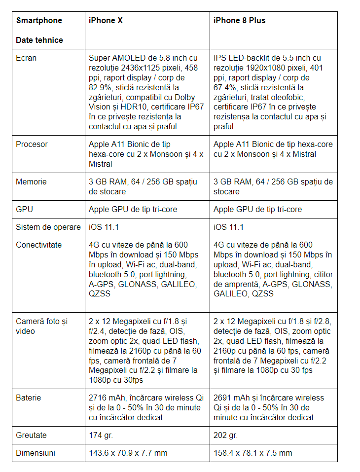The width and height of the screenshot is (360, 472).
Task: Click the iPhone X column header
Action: tap(106, 21)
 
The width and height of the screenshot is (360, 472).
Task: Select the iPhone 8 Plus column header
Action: tap(239, 21)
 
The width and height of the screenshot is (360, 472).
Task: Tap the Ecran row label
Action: tap(26, 58)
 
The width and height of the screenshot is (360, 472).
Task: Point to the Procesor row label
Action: tap(32, 145)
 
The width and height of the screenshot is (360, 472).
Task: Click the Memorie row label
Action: tap(31, 182)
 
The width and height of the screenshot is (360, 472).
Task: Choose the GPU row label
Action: tap(24, 210)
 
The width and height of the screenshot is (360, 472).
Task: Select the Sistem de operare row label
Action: tap(48, 227)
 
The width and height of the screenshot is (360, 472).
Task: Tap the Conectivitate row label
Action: tap(38, 245)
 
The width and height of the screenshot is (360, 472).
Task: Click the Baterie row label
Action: tap(29, 398)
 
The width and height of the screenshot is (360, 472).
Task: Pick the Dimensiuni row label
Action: tap(36, 453)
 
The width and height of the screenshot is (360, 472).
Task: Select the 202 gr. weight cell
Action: tap(226, 436)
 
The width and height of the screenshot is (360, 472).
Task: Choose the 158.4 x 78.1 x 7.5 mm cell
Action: tap(252, 453)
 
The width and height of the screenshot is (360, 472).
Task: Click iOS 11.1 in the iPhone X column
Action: tap(104, 227)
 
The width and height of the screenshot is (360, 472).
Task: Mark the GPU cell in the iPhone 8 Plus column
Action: tap(257, 210)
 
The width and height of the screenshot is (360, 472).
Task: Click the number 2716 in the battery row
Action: tap(98, 398)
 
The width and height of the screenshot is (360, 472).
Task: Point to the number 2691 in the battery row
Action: tap(222, 398)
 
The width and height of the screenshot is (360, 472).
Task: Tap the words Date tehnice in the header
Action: tap(39, 40)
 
